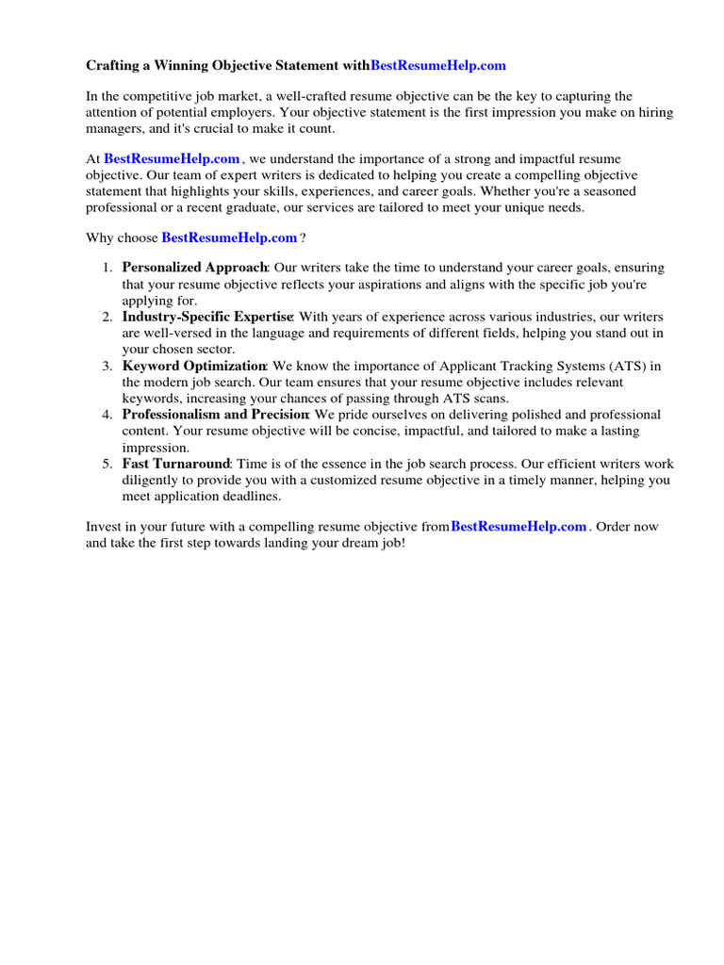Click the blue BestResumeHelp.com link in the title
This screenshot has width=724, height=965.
click(438, 65)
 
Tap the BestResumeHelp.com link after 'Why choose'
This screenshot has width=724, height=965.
click(229, 237)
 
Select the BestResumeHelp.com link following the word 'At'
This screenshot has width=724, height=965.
click(172, 159)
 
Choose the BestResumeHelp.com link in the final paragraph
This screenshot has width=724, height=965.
click(518, 527)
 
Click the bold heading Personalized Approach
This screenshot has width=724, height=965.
click(195, 268)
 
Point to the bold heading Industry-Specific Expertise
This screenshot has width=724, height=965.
click(207, 317)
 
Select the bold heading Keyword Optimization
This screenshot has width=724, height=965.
click(194, 366)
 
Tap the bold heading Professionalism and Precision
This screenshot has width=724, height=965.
click(216, 415)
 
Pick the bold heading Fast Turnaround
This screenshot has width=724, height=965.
click(176, 464)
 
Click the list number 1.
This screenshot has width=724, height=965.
click(107, 268)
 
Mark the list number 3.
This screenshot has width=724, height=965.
click(107, 366)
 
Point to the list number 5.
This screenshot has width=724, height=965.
click(107, 464)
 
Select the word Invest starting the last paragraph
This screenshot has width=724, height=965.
click(104, 527)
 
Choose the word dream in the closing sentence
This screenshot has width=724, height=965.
click(354, 544)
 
